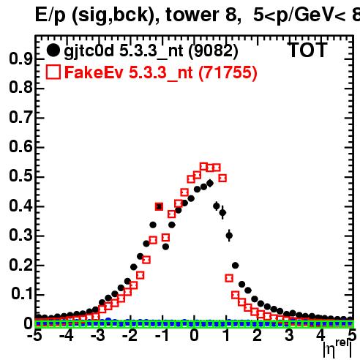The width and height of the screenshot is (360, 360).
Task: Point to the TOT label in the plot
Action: point(308,50)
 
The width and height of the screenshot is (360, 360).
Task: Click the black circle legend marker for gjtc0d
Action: point(53,50)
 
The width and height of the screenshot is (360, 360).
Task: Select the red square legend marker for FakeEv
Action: point(53,72)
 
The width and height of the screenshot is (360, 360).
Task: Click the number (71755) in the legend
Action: point(228,72)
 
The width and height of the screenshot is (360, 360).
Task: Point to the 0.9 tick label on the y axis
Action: point(20,59)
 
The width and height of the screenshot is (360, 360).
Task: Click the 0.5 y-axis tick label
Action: point(20,176)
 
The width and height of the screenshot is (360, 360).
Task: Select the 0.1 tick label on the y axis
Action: point(21,294)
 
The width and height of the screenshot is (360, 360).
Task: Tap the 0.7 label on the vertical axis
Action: point(20,118)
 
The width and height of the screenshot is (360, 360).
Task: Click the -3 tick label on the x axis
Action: point(98,336)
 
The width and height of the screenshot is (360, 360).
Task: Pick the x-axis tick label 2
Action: point(258,336)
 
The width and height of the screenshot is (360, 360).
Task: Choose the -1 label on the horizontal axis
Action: point(162,336)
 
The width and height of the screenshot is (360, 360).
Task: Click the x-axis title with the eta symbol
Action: point(337,349)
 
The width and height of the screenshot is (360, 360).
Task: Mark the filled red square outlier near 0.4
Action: point(159,207)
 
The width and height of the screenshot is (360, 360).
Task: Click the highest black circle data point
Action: point(210,183)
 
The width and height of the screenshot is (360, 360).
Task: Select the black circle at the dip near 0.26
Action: point(165,247)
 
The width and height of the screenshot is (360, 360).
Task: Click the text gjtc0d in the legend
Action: point(89,52)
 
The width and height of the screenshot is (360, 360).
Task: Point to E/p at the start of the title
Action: point(50,15)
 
